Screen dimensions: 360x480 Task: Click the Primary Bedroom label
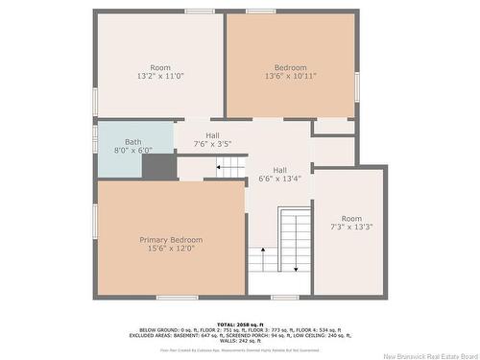[171, 239]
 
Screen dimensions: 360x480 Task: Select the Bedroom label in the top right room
[290, 67]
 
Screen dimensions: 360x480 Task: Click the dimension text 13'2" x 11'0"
[159, 77]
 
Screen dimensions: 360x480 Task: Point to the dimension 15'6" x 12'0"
[171, 249]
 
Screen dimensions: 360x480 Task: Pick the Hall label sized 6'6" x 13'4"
[279, 169]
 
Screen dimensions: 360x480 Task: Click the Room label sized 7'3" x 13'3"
[351, 218]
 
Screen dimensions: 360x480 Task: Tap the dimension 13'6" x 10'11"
[290, 77]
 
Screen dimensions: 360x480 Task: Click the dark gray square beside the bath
[159, 167]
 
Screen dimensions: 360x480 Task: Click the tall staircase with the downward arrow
[295, 240]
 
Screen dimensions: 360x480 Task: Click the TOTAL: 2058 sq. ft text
[240, 325]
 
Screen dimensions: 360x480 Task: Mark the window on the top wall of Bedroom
[259, 12]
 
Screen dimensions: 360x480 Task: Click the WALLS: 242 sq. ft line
[240, 342]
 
